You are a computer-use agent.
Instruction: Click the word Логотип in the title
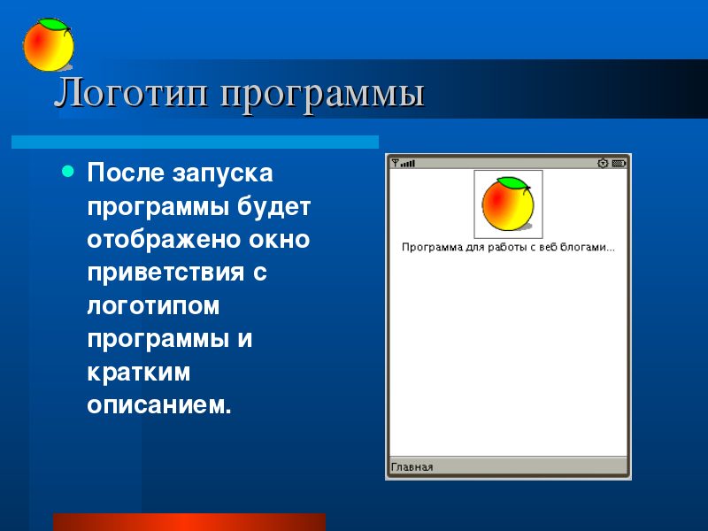click(131, 93)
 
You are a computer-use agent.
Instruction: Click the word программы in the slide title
click(322, 96)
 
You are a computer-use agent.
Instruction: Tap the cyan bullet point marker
click(68, 171)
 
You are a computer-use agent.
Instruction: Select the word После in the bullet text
click(125, 173)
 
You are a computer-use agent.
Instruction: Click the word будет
click(274, 206)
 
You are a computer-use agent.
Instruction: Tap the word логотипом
click(153, 305)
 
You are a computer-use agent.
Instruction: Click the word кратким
click(139, 372)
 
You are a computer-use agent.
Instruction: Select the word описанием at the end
click(159, 405)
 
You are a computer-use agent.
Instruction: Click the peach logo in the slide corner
click(49, 45)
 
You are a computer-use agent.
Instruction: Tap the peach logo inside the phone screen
click(508, 204)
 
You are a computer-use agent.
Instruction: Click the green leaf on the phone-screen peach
click(513, 183)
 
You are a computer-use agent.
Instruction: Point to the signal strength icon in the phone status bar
click(404, 163)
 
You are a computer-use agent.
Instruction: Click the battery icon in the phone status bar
click(619, 163)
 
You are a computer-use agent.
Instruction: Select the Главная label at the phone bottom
click(412, 467)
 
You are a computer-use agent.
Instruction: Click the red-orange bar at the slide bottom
click(189, 522)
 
